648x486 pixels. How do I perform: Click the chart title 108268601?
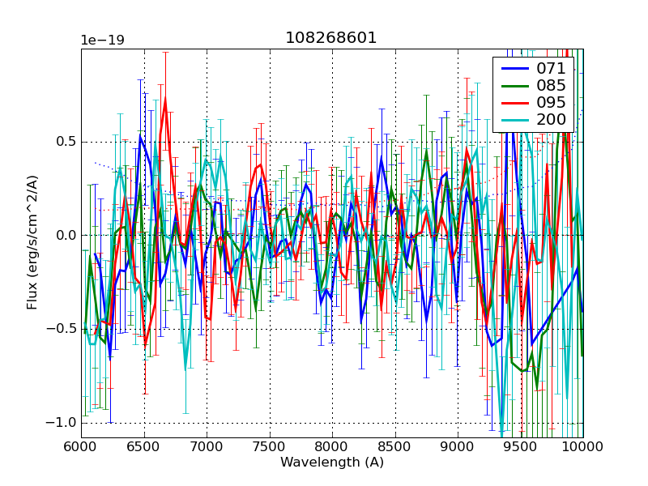(331, 38)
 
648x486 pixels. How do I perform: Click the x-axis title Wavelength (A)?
(332, 463)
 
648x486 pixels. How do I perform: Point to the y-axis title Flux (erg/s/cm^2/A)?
(32, 243)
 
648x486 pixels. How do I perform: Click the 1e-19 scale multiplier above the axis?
(102, 40)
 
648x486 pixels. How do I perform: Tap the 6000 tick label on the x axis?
(81, 447)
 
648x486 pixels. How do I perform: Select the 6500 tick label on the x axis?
(144, 447)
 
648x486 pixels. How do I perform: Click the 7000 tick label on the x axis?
(207, 447)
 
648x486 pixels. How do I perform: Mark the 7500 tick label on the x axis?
(270, 447)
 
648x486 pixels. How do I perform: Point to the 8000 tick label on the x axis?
(332, 447)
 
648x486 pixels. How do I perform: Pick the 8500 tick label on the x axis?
(395, 447)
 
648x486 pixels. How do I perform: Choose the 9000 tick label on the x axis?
(458, 447)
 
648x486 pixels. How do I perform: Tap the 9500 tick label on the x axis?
(521, 447)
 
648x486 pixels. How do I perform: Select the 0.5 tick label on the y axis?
(65, 142)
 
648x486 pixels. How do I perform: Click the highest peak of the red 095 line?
(165, 100)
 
